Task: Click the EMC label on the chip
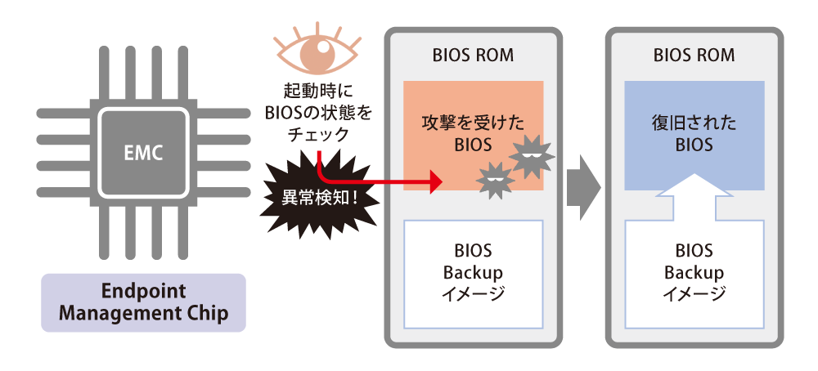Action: pyautogui.click(x=144, y=152)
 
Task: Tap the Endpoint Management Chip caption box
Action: pyautogui.click(x=144, y=302)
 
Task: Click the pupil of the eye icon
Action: pyautogui.click(x=315, y=55)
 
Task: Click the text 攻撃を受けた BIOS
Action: pyautogui.click(x=473, y=135)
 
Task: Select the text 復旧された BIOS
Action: pyautogui.click(x=694, y=134)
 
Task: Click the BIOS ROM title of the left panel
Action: pyautogui.click(x=473, y=56)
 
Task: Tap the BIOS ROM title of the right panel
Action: pyautogui.click(x=694, y=56)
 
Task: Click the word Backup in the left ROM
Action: pyautogui.click(x=473, y=272)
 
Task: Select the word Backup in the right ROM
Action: pyautogui.click(x=694, y=272)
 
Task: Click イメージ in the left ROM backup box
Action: pyautogui.click(x=473, y=293)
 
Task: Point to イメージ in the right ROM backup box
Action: pyautogui.click(x=694, y=293)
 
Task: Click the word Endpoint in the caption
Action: pyautogui.click(x=144, y=292)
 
